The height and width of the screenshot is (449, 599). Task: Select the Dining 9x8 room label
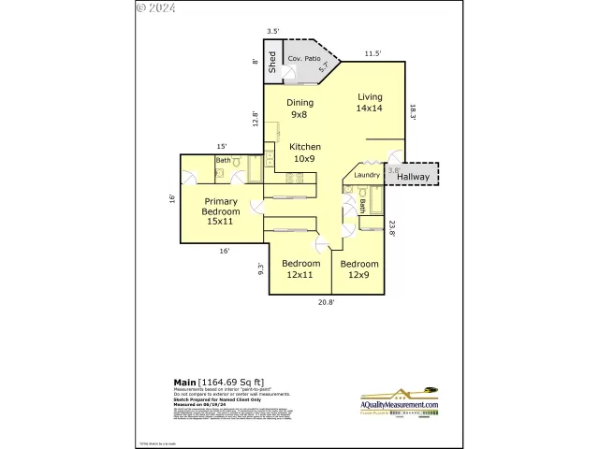click(299, 109)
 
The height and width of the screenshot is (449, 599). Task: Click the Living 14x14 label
click(370, 102)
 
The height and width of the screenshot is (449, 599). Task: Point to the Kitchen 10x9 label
click(305, 152)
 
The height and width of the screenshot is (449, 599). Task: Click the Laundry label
click(367, 174)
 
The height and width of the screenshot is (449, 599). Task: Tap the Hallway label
click(413, 176)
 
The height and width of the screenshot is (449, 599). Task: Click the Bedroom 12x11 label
click(301, 269)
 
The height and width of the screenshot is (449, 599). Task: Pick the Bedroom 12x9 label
click(359, 269)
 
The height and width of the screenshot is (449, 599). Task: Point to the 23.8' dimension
click(393, 228)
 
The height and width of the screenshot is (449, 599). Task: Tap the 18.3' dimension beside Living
click(412, 110)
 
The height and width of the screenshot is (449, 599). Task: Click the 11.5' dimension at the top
click(372, 53)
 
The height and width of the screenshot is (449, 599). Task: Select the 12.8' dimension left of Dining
click(255, 118)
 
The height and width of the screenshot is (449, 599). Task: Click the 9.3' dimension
click(262, 269)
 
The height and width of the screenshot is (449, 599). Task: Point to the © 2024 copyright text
click(155, 7)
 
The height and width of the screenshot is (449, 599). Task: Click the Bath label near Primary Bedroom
click(223, 160)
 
